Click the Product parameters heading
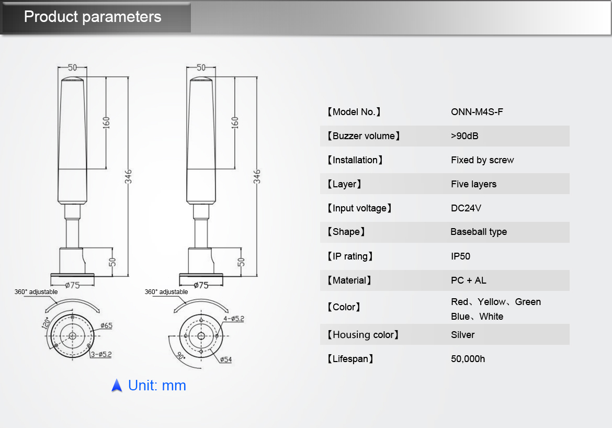[93, 17]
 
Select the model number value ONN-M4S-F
[477, 112]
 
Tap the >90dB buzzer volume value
[464, 136]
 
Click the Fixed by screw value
[482, 160]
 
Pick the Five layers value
[473, 184]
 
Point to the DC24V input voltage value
[466, 208]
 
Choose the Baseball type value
[479, 232]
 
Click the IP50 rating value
[460, 256]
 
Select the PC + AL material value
[468, 280]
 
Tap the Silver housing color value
[462, 335]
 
